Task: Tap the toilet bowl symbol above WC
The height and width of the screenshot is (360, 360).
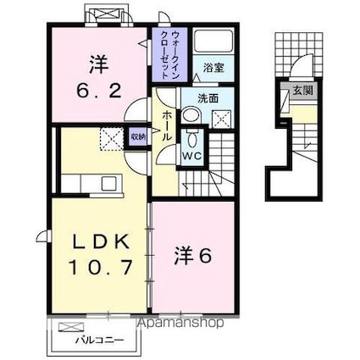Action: point(191,139)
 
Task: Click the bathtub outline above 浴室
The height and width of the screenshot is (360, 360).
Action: point(208,43)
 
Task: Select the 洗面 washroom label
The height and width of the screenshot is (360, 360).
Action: point(208,98)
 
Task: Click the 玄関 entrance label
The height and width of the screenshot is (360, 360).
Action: point(302,87)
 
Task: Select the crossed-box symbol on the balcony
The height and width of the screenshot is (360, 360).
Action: point(72,326)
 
